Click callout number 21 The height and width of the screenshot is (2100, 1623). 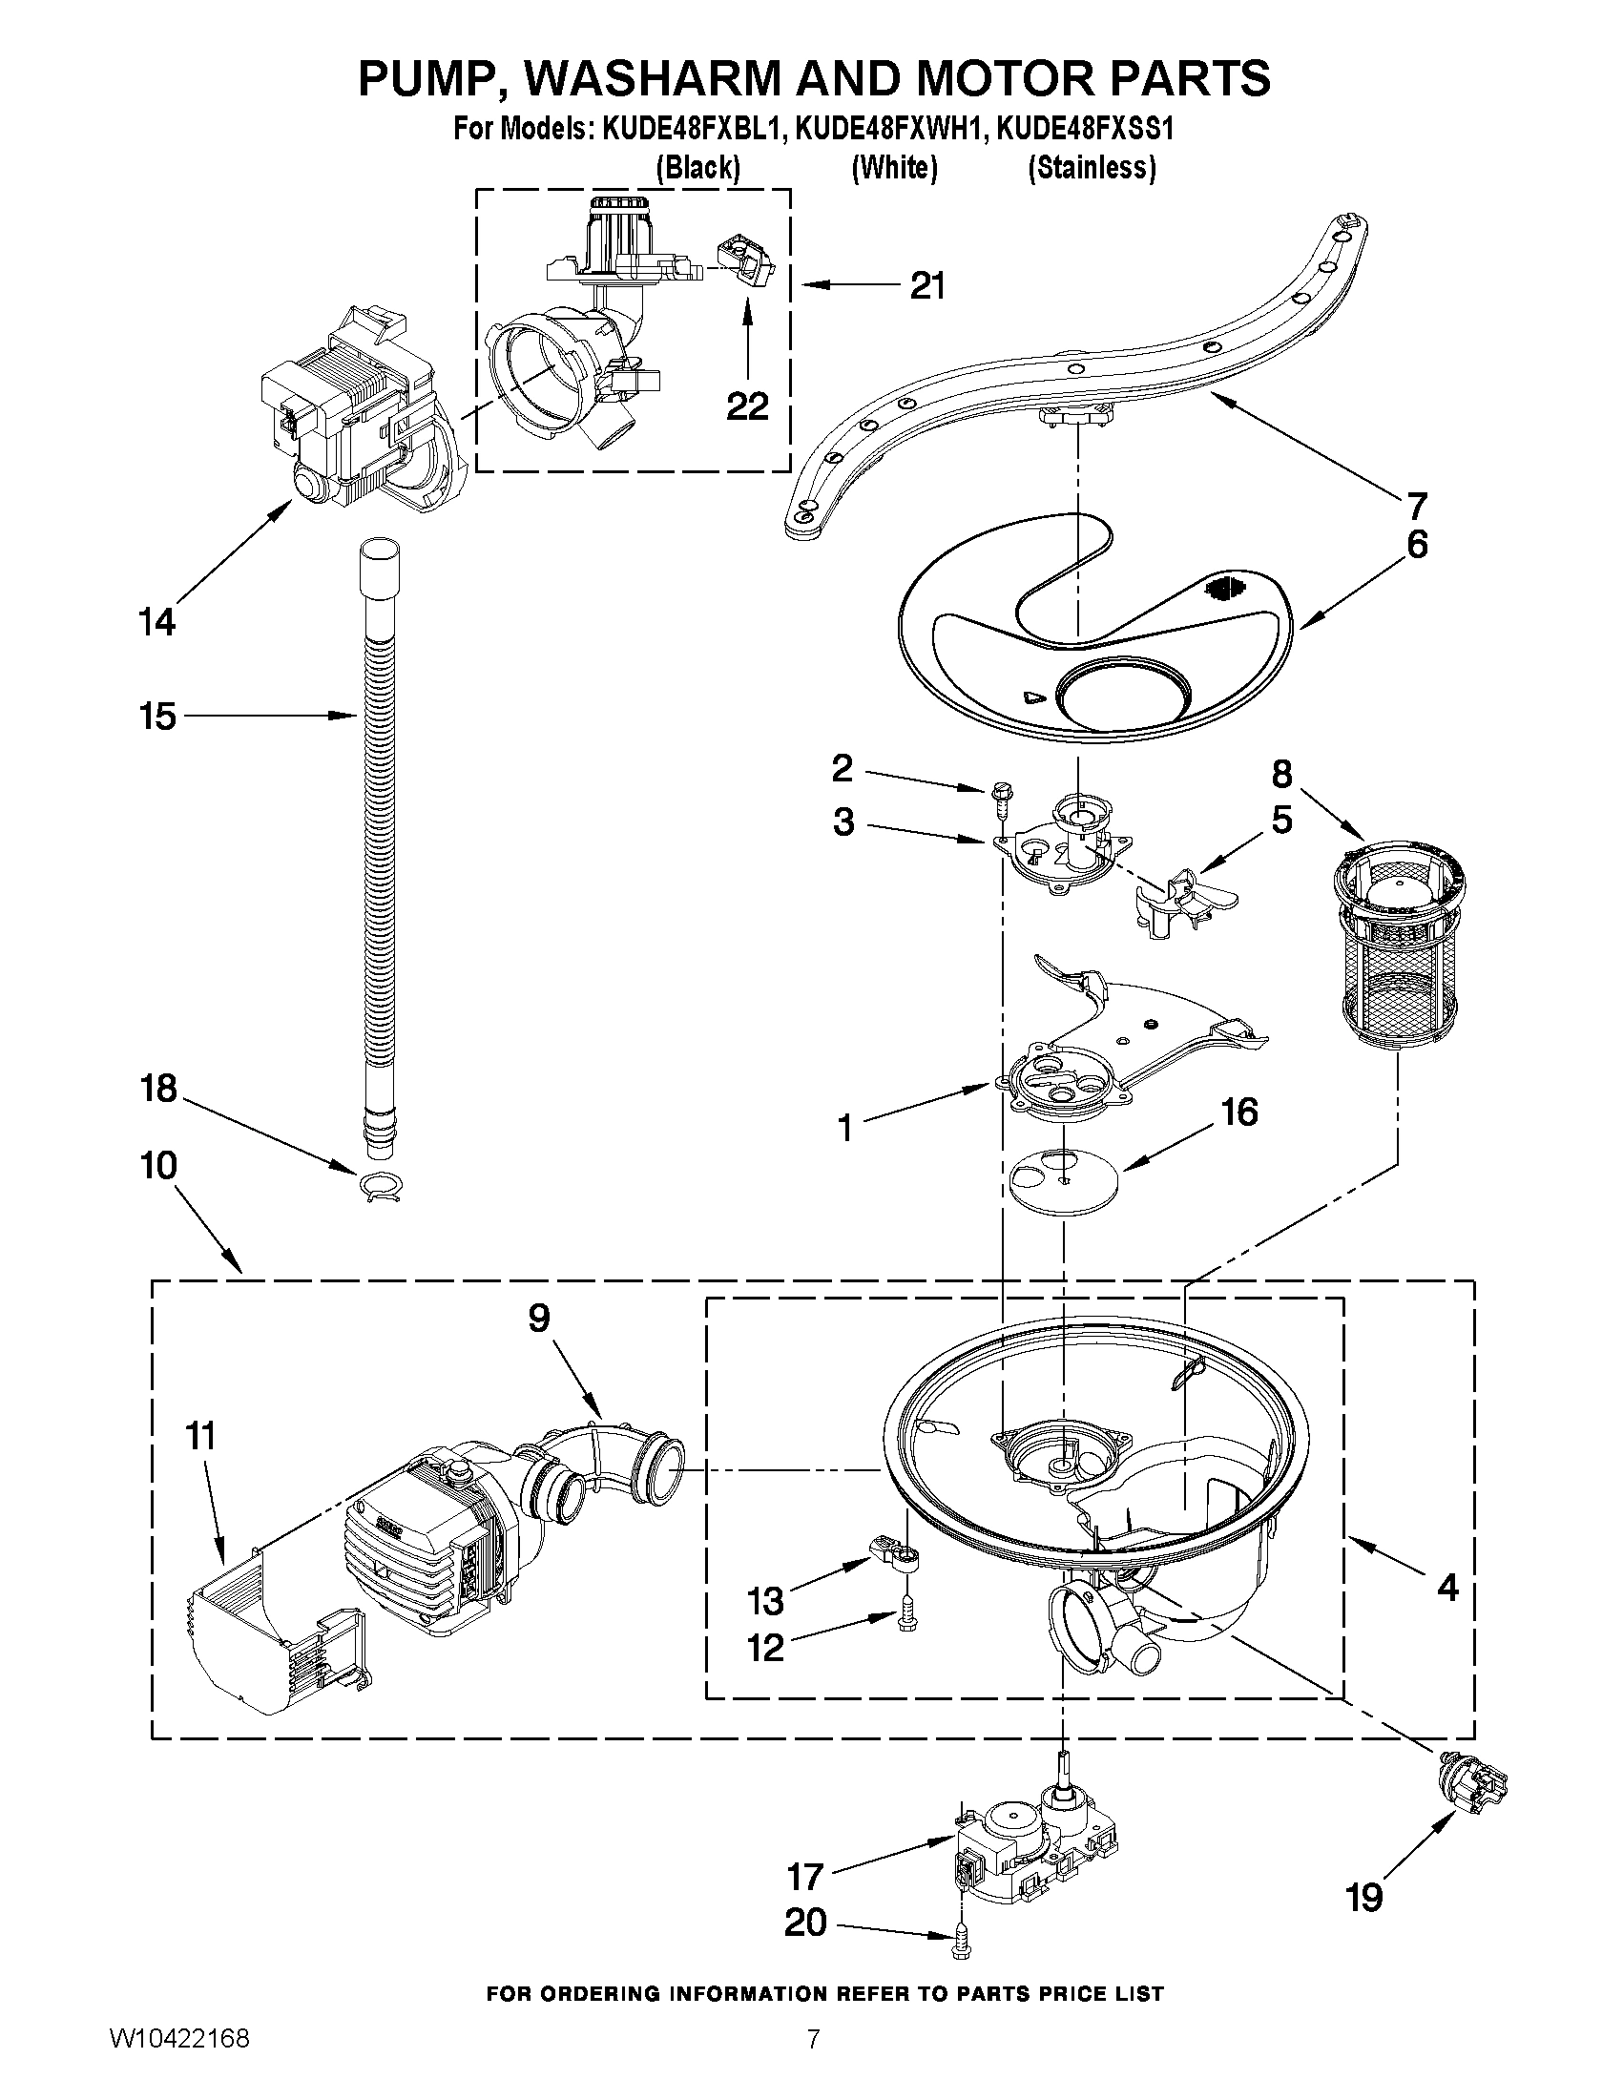[x=926, y=285]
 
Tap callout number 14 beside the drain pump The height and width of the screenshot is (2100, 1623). [x=156, y=622]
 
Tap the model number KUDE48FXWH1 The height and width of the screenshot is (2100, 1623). [x=890, y=129]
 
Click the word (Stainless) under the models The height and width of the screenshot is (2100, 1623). [x=1092, y=167]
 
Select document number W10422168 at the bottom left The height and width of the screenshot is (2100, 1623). [x=179, y=2059]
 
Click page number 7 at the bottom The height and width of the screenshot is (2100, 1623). [x=814, y=2059]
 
